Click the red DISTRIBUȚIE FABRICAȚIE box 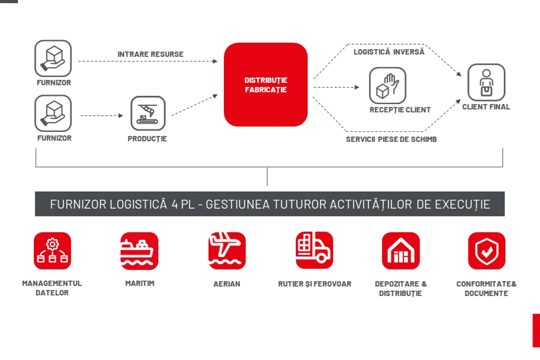tap(266, 85)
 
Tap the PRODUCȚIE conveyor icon tap(148, 113)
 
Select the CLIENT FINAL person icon tap(486, 82)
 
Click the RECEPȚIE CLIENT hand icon tap(388, 86)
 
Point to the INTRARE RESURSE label tap(150, 54)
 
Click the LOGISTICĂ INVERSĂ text tap(389, 52)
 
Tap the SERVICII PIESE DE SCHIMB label tap(391, 139)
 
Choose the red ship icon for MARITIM tap(139, 251)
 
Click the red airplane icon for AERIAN tap(227, 251)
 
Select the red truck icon tap(314, 250)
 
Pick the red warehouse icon tap(401, 251)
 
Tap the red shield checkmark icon tap(486, 251)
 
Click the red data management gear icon tap(52, 251)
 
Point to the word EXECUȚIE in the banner tap(462, 205)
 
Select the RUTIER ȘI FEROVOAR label tap(315, 284)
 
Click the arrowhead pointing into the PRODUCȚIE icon tap(121, 116)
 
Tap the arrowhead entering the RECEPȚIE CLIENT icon tap(357, 87)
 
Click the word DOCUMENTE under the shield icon tap(486, 294)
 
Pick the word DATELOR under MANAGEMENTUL tap(52, 293)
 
